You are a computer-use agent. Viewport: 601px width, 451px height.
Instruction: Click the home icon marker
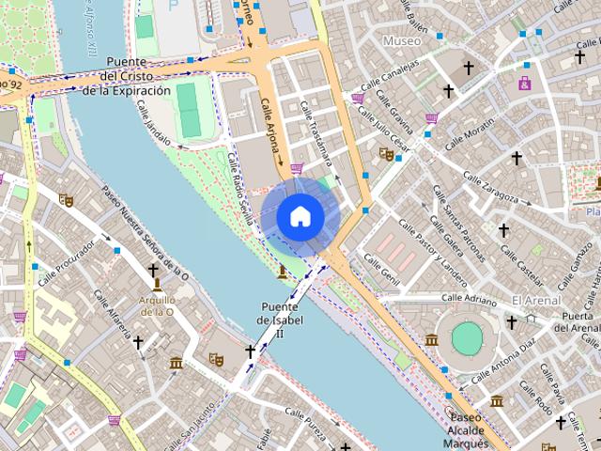click(x=300, y=216)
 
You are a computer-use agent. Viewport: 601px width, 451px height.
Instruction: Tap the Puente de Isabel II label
click(x=279, y=320)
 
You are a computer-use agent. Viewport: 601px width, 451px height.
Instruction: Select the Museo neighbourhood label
click(x=402, y=41)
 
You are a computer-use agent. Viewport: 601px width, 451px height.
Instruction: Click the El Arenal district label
click(x=529, y=300)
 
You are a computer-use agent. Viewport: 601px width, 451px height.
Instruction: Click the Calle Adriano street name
click(x=466, y=301)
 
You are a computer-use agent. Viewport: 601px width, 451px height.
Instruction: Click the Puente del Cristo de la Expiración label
click(x=127, y=76)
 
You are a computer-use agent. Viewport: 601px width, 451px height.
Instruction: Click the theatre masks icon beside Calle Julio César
click(x=385, y=153)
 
